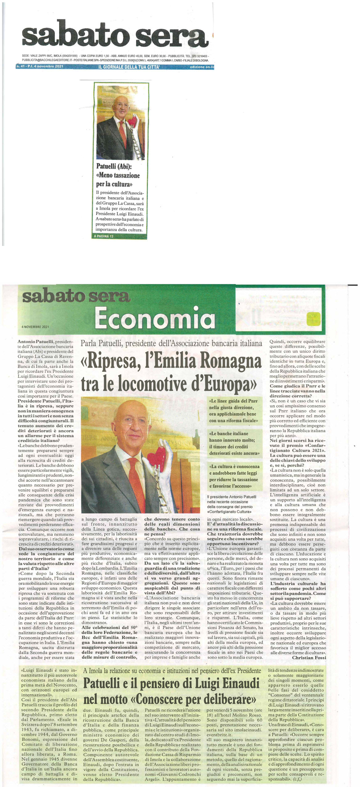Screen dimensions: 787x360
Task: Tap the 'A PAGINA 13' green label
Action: (x=103, y=236)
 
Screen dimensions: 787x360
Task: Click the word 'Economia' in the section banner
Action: (x=155, y=317)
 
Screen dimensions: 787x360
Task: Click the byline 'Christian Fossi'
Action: (x=309, y=658)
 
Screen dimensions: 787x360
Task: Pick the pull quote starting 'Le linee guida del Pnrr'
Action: (x=233, y=411)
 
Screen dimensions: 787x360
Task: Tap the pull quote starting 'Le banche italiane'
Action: (x=234, y=444)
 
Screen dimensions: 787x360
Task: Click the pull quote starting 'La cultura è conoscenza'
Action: (x=234, y=476)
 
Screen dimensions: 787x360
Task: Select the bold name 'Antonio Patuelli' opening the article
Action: (x=36, y=342)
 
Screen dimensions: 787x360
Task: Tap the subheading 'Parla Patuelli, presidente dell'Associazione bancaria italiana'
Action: (x=171, y=343)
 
